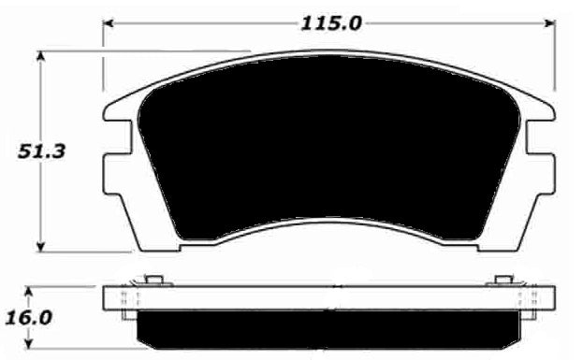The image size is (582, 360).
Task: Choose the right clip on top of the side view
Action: coord(503,280)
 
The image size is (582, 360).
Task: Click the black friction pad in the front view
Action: coord(327,150)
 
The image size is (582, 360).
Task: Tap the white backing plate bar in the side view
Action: coord(327,299)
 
